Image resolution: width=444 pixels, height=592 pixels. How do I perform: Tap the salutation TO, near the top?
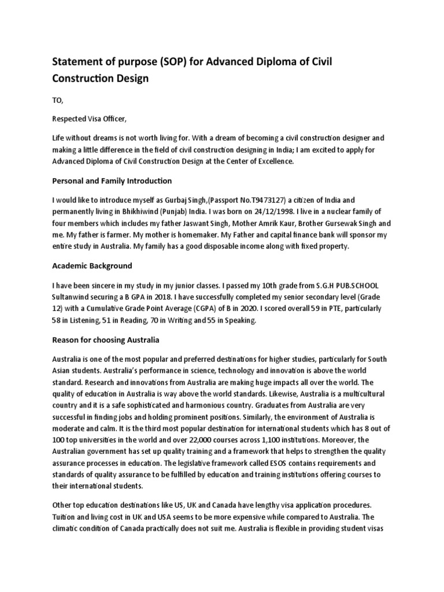tap(58, 100)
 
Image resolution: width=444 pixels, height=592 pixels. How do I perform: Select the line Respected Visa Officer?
tap(88, 119)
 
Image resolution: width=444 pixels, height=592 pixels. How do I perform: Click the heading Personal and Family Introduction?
tap(112, 181)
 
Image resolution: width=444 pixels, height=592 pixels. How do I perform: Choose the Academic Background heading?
tap(92, 266)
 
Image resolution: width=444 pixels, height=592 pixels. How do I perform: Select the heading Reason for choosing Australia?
tap(105, 339)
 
